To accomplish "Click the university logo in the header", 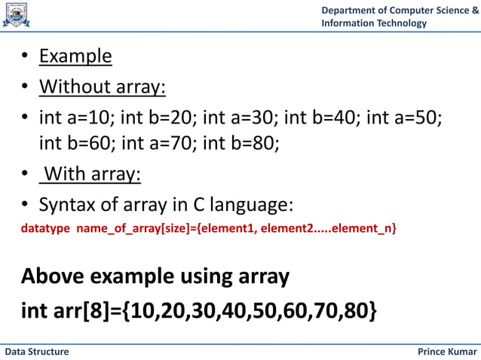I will pyautogui.click(x=17, y=15).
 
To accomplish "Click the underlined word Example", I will pyautogui.click(x=75, y=56).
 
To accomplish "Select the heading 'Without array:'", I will pyautogui.click(x=103, y=87).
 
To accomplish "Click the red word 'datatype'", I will pyautogui.click(x=44, y=227).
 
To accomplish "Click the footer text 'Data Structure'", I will pyautogui.click(x=37, y=352).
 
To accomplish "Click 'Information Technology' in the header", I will pyautogui.click(x=374, y=23).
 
